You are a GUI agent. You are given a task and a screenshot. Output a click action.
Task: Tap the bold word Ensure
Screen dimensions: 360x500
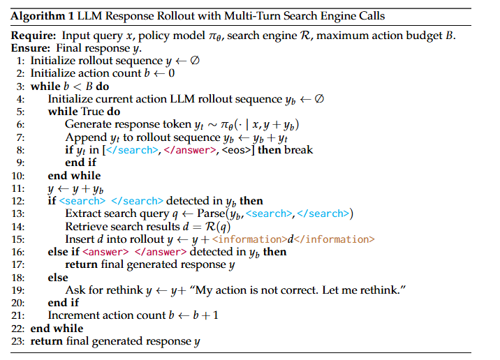(x=28, y=48)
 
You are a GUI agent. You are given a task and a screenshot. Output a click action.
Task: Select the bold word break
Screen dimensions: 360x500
(x=298, y=150)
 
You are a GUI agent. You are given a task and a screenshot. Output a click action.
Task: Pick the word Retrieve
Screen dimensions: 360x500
(x=87, y=226)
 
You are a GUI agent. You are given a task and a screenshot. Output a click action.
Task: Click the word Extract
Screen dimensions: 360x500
(x=82, y=213)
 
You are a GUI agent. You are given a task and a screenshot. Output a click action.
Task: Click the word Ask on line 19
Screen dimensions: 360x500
(x=74, y=290)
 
